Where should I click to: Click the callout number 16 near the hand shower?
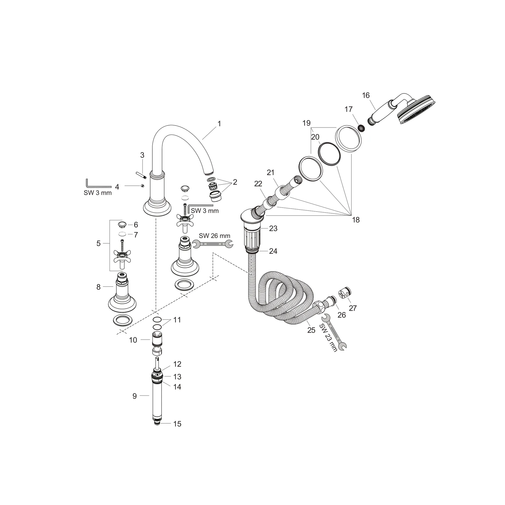[x=366, y=95]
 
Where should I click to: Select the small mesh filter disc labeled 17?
[x=361, y=128]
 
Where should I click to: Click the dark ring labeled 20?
[x=329, y=154]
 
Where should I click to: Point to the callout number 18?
[x=356, y=220]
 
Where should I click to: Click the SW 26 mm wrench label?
[x=214, y=235]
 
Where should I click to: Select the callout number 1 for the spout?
[x=219, y=124]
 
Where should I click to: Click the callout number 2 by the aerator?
[x=235, y=182]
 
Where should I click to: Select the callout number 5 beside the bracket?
[x=98, y=243]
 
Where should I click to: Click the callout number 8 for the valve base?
[x=98, y=287]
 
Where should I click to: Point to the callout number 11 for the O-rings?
[x=177, y=320]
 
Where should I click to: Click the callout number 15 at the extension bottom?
[x=177, y=424]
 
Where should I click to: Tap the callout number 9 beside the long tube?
[x=134, y=396]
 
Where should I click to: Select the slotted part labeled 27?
[x=345, y=293]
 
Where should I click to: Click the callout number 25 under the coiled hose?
[x=311, y=330]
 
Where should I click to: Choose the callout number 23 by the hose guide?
[x=273, y=228]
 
